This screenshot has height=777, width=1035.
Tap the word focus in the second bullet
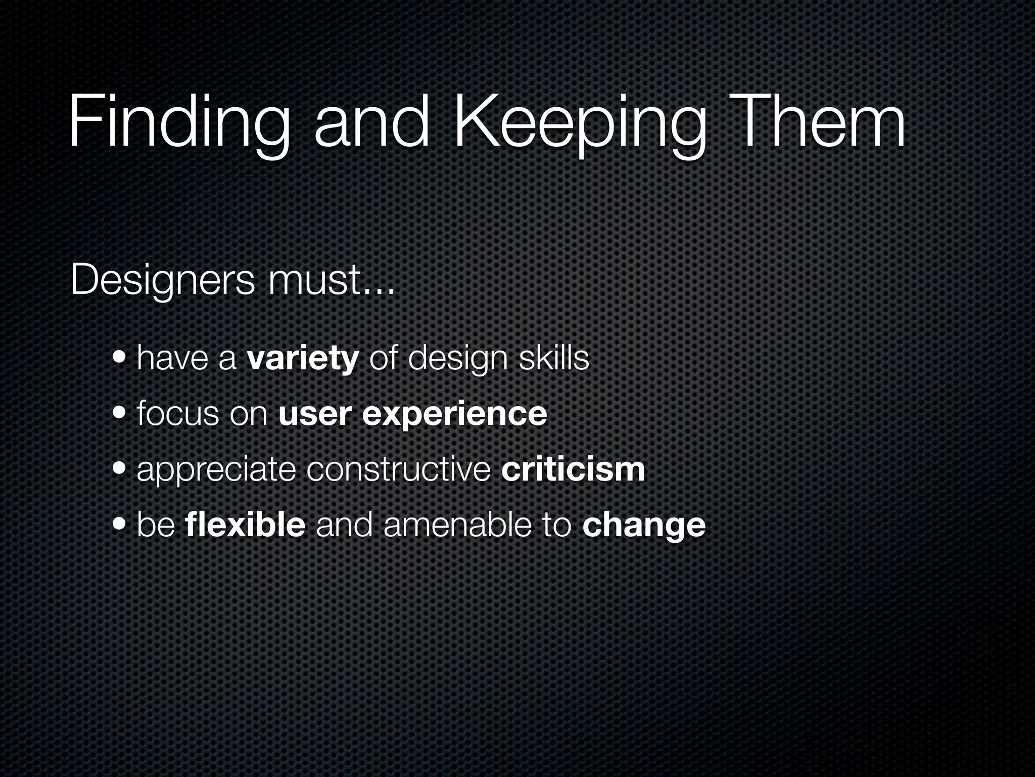[176, 413]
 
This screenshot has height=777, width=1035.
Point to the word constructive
[398, 469]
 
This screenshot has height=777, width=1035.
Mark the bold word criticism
[573, 469]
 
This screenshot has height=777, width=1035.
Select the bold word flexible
[245, 525]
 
